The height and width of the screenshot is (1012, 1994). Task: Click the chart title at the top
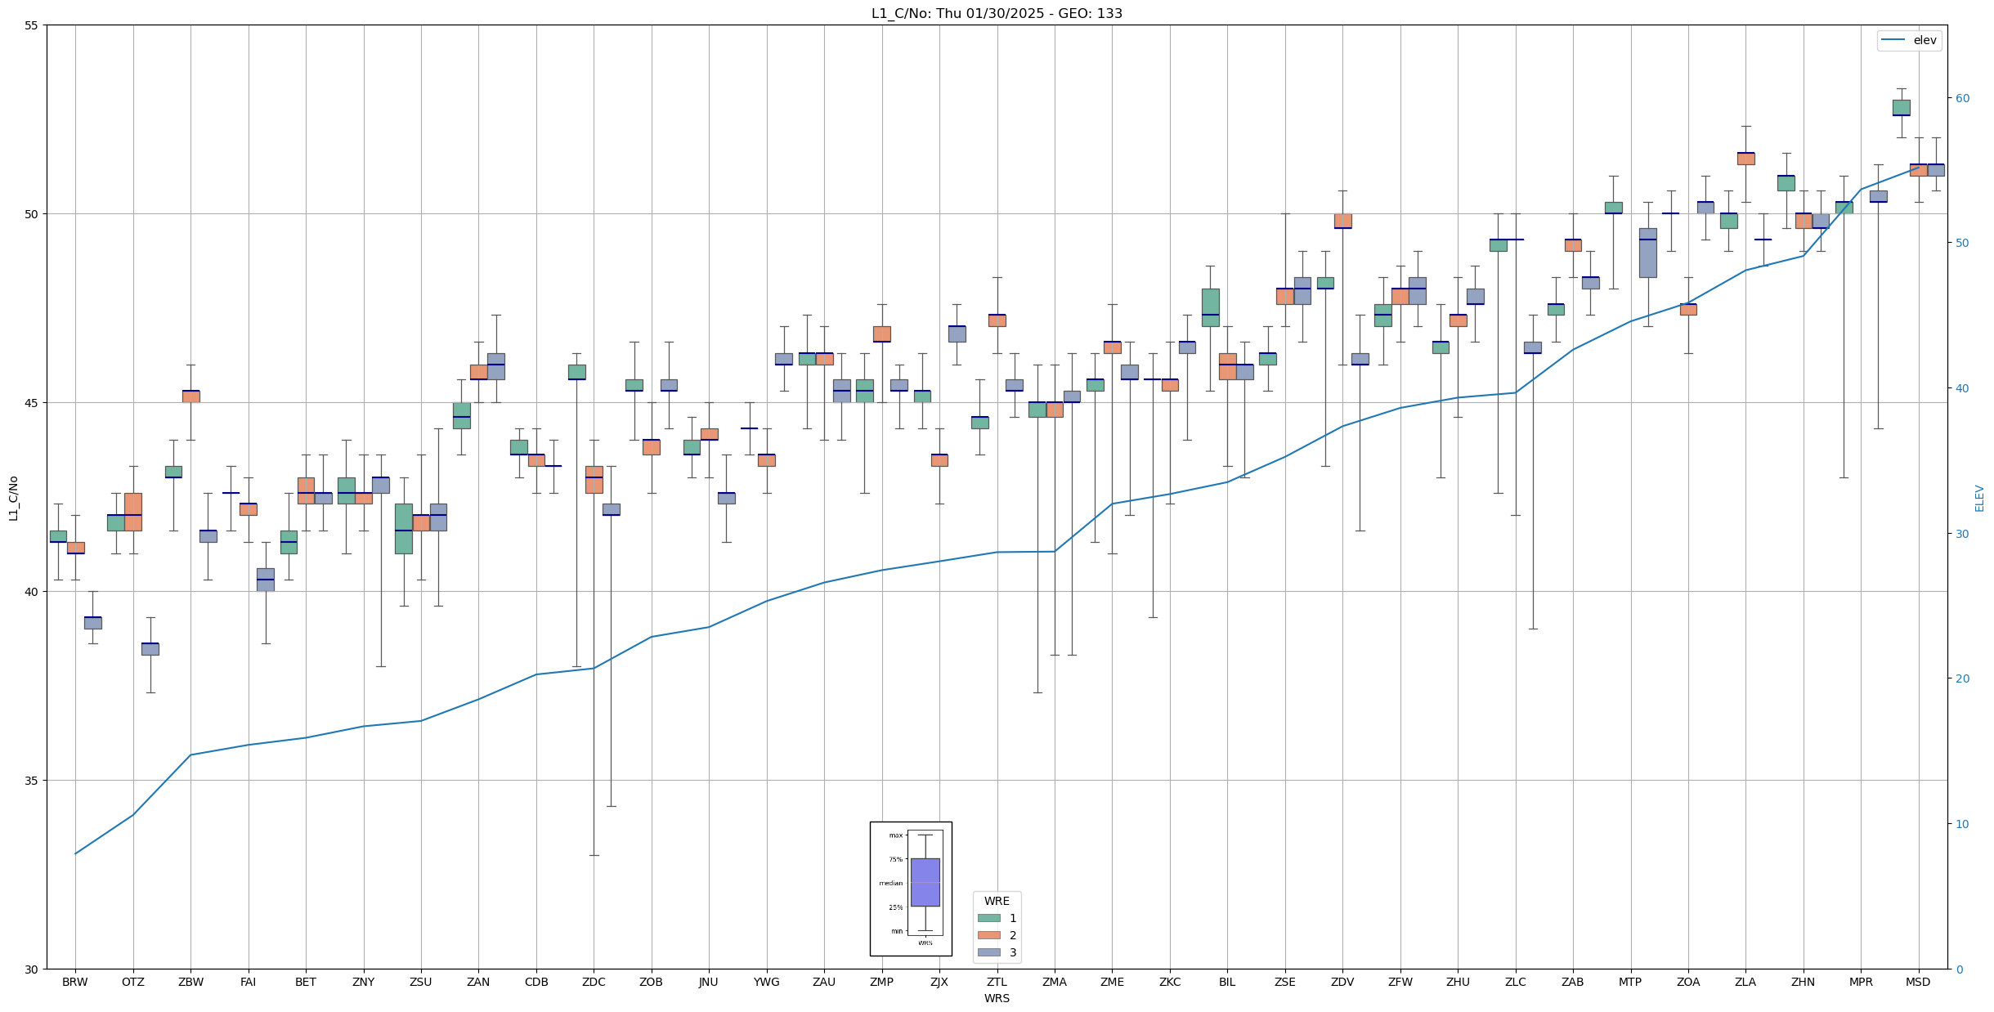point(997,13)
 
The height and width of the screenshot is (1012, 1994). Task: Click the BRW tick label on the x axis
point(75,982)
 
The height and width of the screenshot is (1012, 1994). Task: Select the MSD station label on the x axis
point(1918,982)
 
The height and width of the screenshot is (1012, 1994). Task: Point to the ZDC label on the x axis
point(594,982)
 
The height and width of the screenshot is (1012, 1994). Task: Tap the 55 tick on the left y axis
point(32,25)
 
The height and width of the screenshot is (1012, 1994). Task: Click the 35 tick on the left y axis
point(32,781)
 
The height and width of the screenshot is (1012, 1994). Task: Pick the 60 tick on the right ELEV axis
point(1962,98)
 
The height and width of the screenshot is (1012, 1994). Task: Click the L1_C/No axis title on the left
point(13,498)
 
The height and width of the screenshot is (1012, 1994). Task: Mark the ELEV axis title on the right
point(1979,498)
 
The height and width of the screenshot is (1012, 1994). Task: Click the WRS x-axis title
point(997,998)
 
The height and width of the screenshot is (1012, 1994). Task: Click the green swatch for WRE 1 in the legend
point(989,918)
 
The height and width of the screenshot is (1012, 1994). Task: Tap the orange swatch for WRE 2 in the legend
point(989,935)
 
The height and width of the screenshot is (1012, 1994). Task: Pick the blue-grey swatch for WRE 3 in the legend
point(989,952)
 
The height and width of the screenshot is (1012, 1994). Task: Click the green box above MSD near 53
point(1902,107)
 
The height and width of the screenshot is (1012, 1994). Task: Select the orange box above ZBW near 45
point(190,396)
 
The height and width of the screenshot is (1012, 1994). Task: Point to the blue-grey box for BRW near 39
point(92,623)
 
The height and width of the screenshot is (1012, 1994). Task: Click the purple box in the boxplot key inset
point(925,882)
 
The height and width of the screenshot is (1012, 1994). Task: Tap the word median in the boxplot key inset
point(891,883)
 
